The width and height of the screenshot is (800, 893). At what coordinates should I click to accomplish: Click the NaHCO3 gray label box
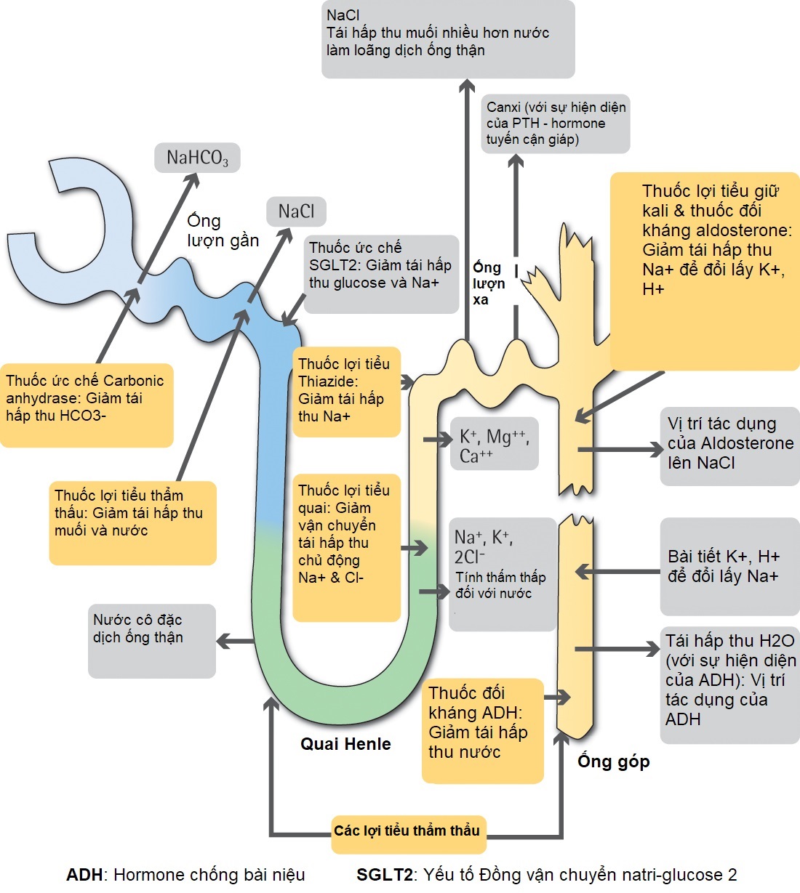pos(197,158)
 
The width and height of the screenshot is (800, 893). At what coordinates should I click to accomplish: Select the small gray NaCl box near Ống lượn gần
pos(296,211)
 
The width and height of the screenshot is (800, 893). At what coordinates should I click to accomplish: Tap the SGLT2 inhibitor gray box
pos(381,273)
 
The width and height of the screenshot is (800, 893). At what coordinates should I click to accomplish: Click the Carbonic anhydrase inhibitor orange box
pos(87,405)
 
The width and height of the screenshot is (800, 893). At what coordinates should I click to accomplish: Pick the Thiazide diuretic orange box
pos(345,392)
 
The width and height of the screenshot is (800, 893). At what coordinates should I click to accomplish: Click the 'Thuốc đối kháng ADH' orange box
pos(482,730)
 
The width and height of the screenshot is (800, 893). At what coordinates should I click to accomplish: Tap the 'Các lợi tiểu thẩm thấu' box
pos(407,831)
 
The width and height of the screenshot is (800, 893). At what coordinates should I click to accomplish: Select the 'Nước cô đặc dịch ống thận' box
pos(151,639)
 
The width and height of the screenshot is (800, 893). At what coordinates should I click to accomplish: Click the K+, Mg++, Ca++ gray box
pos(495,444)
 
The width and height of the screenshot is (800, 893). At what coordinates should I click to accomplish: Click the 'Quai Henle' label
pos(345,744)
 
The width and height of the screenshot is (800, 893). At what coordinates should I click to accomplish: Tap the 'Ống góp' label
pos(613,761)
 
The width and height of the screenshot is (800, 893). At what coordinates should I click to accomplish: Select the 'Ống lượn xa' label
pos(488,283)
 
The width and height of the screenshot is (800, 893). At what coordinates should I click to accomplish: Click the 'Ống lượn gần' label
pos(223,230)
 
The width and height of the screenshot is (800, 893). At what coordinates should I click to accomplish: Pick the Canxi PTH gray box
pos(556,124)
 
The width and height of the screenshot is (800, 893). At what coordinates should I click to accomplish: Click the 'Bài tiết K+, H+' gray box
pos(729,566)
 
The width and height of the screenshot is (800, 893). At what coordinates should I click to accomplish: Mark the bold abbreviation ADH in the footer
pos(84,874)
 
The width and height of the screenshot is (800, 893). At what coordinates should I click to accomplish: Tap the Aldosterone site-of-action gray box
pos(729,443)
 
